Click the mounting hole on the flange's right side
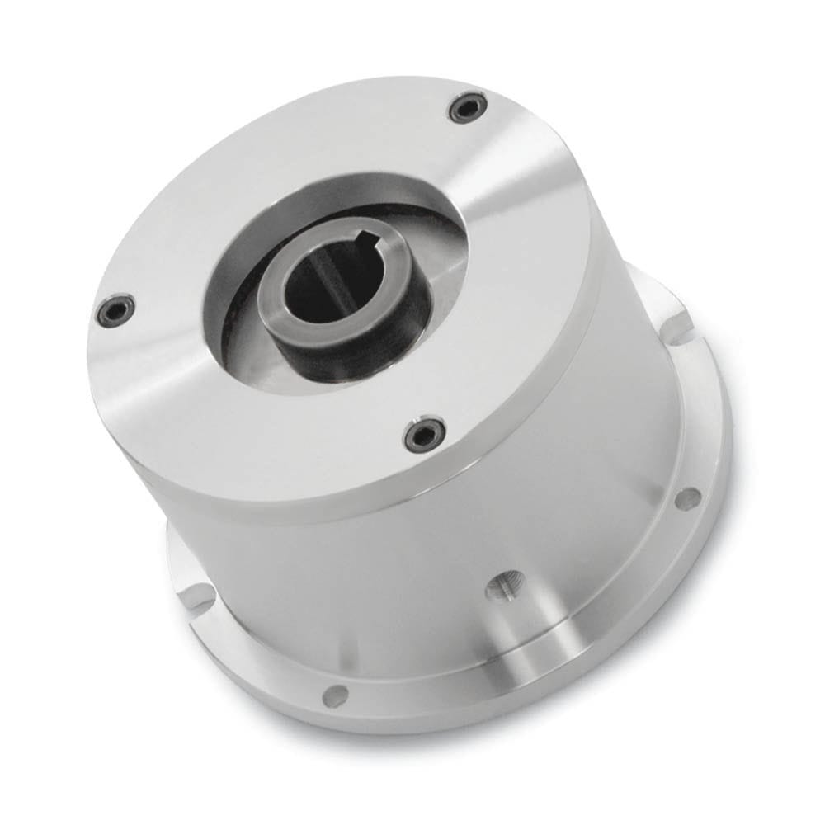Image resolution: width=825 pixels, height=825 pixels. [x=683, y=497]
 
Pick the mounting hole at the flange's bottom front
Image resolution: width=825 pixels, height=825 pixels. [x=334, y=695]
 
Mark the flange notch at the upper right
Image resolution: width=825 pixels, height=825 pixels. [x=672, y=309]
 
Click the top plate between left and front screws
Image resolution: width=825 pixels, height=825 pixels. [x=247, y=412]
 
